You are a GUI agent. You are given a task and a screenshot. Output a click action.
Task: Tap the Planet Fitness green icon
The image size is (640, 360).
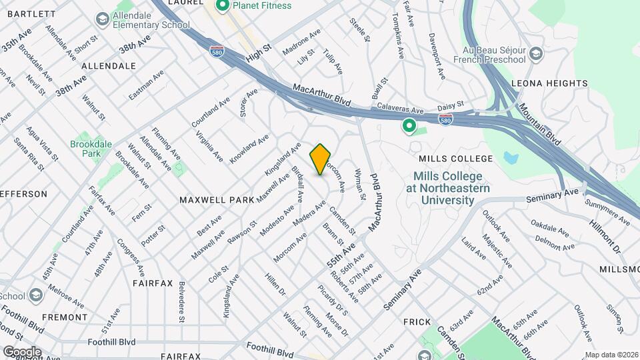coord(223,6)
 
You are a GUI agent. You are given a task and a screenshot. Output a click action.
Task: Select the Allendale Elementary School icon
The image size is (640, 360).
coord(102,19)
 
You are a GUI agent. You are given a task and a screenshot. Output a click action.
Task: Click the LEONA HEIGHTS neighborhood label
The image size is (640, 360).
coord(549,83)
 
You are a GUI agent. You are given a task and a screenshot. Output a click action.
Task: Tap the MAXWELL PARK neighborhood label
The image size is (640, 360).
coord(217,199)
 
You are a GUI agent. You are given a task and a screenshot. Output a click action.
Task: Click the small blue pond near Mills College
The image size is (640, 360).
coord(511,159)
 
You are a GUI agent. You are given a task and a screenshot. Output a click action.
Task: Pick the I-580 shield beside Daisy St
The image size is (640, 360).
coord(446,119)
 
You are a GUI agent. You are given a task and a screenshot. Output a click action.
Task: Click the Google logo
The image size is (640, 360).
coord(22,351)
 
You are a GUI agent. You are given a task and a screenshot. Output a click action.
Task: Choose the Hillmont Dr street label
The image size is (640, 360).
coord(604,234)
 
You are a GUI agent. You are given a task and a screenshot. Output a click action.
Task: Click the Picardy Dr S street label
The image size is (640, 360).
coord(333,301)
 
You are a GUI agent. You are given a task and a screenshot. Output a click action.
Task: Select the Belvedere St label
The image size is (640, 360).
coord(181,301)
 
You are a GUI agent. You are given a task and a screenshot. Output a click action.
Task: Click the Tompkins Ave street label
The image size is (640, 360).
coord(398,33)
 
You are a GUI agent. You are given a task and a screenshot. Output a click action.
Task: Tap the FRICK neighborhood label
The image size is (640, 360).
coord(417,322)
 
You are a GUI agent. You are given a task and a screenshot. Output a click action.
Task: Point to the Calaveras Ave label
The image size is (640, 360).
coord(400,109)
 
